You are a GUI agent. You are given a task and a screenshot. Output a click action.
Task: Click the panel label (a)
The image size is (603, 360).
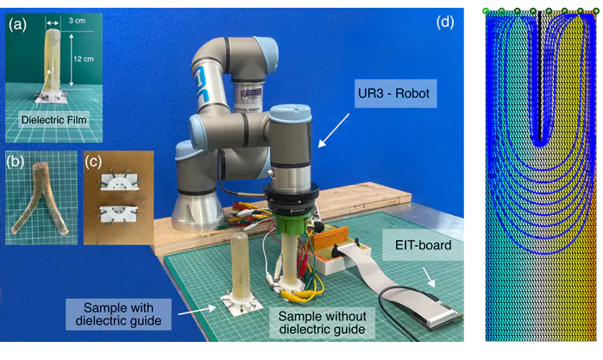click(17, 25)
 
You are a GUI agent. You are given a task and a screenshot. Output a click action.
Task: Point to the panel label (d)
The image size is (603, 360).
click(445, 23)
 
